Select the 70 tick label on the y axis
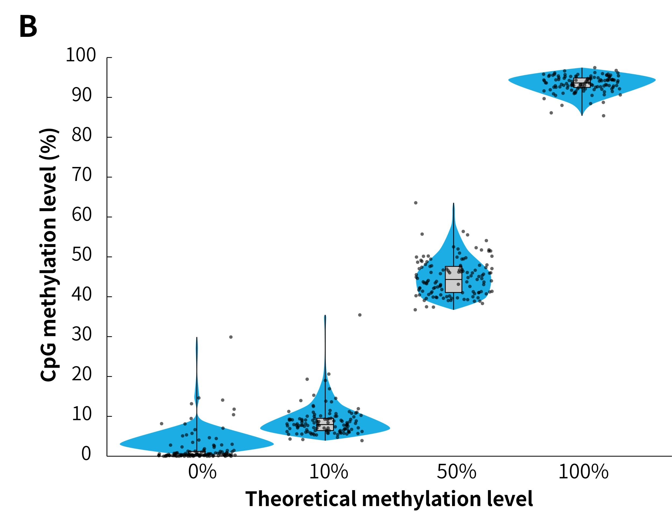click(x=82, y=175)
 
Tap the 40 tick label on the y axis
click(x=82, y=295)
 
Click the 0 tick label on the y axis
click(x=86, y=454)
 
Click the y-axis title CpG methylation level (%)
click(x=49, y=255)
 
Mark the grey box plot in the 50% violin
click(x=453, y=279)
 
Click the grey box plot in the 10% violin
click(x=325, y=424)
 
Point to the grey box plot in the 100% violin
click(x=582, y=83)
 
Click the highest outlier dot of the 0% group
click(x=231, y=337)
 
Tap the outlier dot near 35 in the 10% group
click(x=360, y=315)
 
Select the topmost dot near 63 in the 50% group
click(x=416, y=203)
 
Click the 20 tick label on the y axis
click(x=82, y=374)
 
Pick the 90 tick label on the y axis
click(x=82, y=95)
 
